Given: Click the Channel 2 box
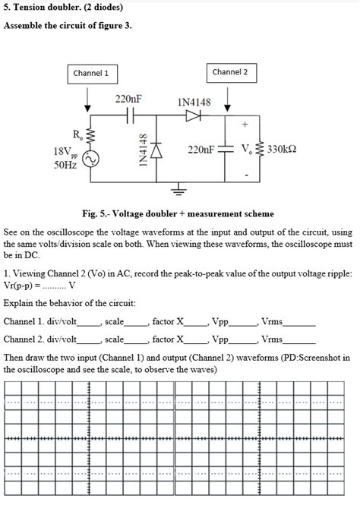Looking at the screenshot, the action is [229, 72].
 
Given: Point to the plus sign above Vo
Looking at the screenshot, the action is [245, 123].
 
